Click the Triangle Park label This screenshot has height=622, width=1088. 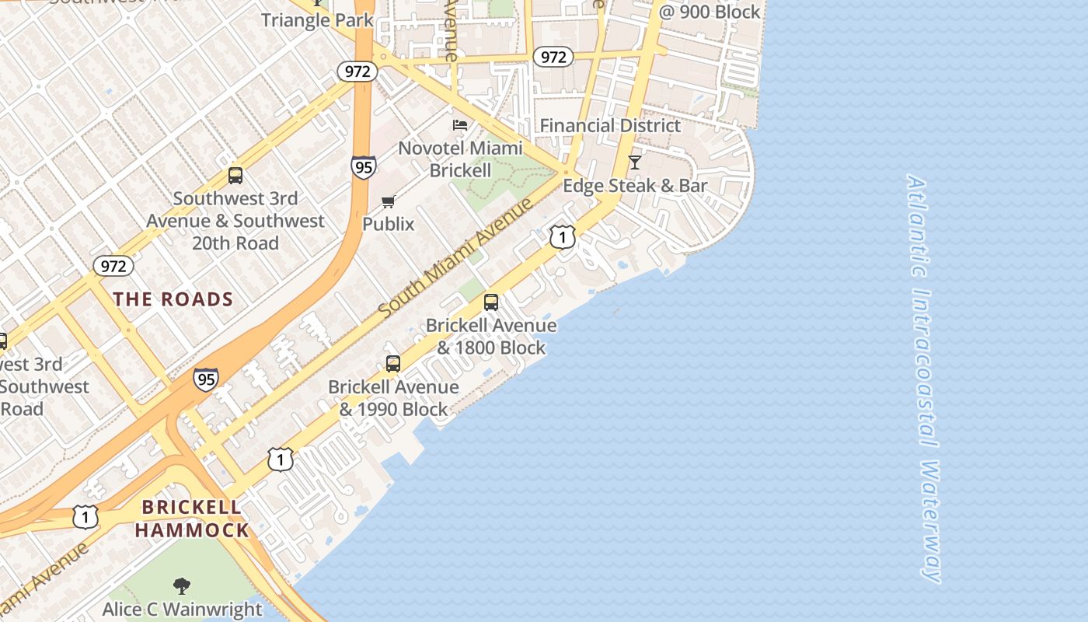coord(317,19)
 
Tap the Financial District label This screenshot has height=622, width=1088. coord(610,125)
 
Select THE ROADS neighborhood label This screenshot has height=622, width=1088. coord(173,299)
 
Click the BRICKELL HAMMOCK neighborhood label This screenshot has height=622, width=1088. coord(192,519)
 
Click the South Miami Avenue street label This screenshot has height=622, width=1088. coord(456,258)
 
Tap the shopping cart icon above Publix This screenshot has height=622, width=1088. coord(388,202)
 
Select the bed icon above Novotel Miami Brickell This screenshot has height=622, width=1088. coord(460,124)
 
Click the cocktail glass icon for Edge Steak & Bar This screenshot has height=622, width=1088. coord(635,162)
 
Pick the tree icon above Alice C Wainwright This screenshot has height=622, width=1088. coord(182,585)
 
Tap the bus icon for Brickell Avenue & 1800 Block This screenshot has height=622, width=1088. coord(491,302)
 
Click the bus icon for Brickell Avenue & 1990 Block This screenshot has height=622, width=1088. coord(393,364)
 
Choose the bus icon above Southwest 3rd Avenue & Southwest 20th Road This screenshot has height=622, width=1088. coord(235,176)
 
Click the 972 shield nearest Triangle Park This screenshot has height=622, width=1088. coord(357,72)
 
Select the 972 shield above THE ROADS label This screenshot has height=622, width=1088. coord(113,266)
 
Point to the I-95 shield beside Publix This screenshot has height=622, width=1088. coord(363,166)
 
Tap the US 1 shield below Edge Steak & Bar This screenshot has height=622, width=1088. coord(563,236)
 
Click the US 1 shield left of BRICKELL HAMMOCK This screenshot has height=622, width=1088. coord(85,516)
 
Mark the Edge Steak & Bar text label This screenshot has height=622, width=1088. coord(635,186)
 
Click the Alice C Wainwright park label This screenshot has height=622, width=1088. coord(183,609)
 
